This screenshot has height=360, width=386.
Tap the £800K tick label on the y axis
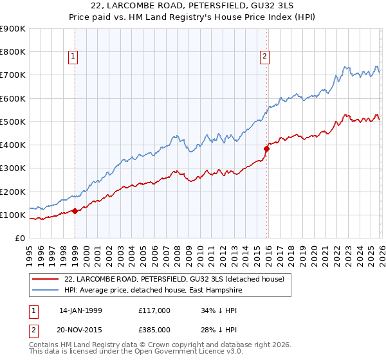click(12, 52)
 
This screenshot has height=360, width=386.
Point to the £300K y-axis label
click(12, 168)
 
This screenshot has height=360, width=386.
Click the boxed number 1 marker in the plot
click(74, 57)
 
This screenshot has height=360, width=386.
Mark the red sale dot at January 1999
click(75, 211)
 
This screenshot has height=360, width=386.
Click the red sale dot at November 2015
click(266, 148)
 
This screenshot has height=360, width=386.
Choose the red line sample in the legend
click(45, 278)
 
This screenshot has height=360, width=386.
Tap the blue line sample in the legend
click(45, 290)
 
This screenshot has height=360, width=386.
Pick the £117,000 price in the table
click(154, 310)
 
